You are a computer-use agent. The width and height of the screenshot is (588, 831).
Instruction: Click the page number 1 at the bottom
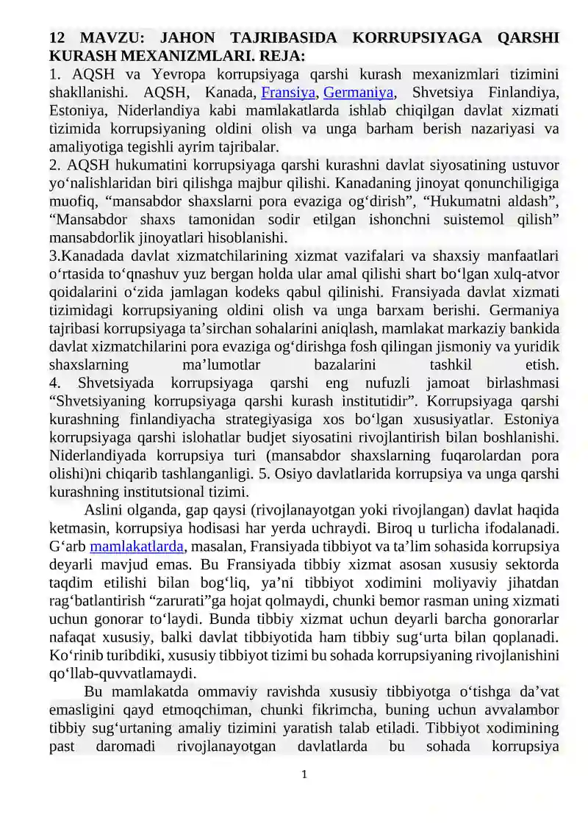coord(304,774)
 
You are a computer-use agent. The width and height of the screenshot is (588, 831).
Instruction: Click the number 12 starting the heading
coord(57,38)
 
